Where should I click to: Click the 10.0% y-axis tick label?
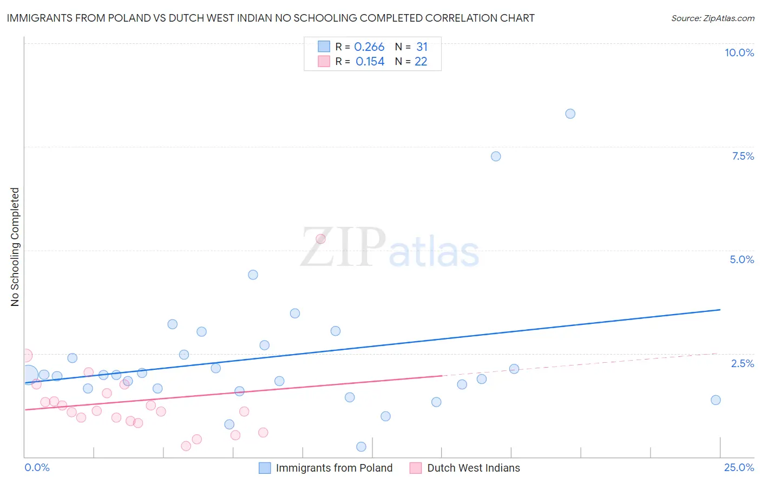[x=739, y=53]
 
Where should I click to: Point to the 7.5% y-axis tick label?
[x=743, y=156]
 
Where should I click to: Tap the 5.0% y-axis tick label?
[x=742, y=259]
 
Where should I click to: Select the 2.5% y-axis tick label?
[x=742, y=363]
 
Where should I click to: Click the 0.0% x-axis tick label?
[x=37, y=467]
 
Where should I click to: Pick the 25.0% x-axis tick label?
[x=739, y=467]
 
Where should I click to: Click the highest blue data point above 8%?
[x=570, y=114]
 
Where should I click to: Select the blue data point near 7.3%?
[x=496, y=156]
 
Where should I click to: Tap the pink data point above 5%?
[x=320, y=239]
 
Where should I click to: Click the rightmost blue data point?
[x=716, y=400]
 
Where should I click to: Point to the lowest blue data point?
[x=362, y=447]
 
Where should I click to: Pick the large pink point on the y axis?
[x=25, y=356]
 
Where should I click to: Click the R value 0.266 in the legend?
[x=369, y=47]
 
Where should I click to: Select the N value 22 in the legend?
[x=421, y=62]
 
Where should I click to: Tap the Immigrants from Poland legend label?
[x=334, y=468]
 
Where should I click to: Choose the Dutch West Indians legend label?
[x=473, y=468]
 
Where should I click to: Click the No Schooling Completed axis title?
[x=15, y=247]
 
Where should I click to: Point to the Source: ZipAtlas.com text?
[x=712, y=18]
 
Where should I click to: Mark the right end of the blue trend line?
[x=720, y=310]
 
